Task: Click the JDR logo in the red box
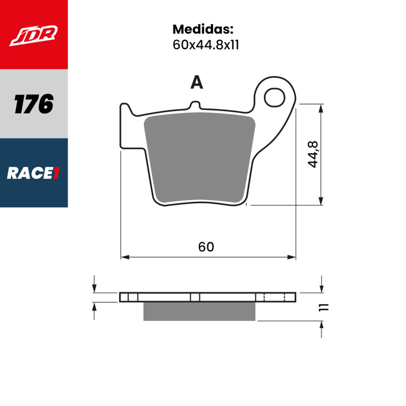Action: (34, 35)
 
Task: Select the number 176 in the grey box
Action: (34, 104)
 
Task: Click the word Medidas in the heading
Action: (203, 29)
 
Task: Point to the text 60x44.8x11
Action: (205, 45)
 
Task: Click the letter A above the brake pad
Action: (197, 83)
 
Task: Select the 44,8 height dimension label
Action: (313, 155)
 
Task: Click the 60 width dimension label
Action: (206, 246)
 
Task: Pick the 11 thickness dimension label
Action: (324, 307)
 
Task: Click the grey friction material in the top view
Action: (199, 158)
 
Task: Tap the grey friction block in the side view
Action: (199, 311)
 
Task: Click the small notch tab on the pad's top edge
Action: (195, 105)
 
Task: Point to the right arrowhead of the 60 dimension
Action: (292, 257)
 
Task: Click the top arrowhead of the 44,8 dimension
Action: (321, 108)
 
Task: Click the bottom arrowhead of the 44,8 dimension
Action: (321, 201)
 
